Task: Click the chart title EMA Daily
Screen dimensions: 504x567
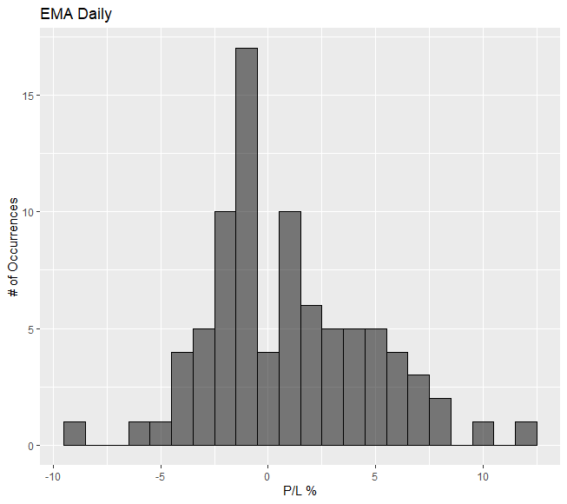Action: pos(76,15)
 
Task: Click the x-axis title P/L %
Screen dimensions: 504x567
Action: pos(300,492)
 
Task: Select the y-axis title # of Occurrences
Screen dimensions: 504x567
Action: pos(15,249)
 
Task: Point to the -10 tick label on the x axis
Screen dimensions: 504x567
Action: pos(51,476)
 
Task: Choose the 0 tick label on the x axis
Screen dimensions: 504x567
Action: pos(268,476)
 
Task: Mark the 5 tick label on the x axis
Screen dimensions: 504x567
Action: pos(375,476)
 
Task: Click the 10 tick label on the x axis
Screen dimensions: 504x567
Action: pos(483,476)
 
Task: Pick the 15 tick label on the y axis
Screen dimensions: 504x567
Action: pos(29,96)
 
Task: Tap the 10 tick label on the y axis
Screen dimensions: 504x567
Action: pos(29,212)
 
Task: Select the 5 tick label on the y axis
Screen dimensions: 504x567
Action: pos(31,329)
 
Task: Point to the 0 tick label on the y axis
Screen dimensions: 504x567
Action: pos(31,447)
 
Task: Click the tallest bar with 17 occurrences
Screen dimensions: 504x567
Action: pos(247,248)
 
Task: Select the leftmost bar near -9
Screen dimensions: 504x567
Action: pos(75,434)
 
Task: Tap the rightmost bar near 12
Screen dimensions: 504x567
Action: pos(526,434)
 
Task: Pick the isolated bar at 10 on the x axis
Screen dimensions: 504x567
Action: pos(483,434)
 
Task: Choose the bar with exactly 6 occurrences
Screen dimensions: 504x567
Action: pos(311,376)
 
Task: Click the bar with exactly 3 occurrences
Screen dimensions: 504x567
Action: pos(419,411)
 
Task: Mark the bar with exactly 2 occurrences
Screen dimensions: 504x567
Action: pos(440,423)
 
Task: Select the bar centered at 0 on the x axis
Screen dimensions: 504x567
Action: pos(268,400)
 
